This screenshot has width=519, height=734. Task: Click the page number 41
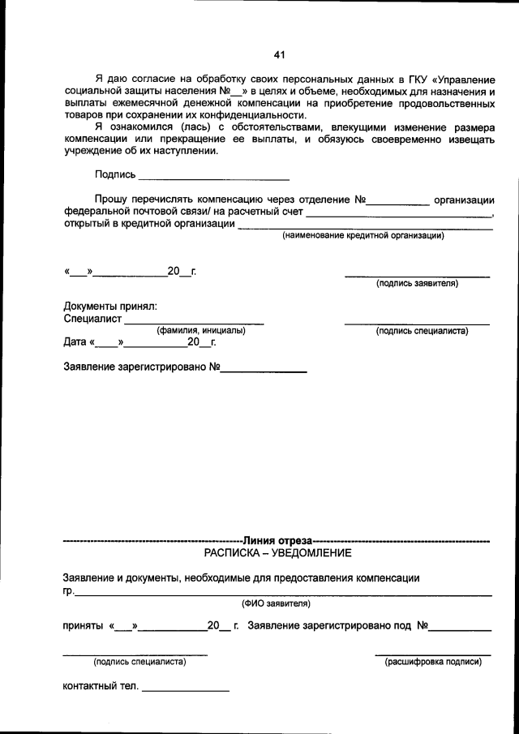(279, 55)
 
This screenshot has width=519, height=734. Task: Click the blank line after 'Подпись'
(214, 177)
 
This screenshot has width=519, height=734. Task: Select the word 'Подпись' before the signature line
(115, 174)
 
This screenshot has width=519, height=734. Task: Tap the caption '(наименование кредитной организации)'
(362, 236)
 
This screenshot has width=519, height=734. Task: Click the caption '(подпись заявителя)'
(417, 284)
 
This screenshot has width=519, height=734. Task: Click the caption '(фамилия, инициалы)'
(200, 331)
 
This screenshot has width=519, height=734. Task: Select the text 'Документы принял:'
(110, 307)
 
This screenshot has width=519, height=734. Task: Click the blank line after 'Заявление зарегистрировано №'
(264, 370)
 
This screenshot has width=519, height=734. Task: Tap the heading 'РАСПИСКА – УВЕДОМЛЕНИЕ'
(277, 553)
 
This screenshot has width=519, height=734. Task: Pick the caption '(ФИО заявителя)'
(275, 603)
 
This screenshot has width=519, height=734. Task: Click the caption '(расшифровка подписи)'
(433, 662)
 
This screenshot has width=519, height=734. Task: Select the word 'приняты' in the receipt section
(83, 626)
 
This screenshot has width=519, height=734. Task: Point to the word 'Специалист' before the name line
(92, 320)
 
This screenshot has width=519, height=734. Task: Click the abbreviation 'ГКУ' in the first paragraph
(415, 79)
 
